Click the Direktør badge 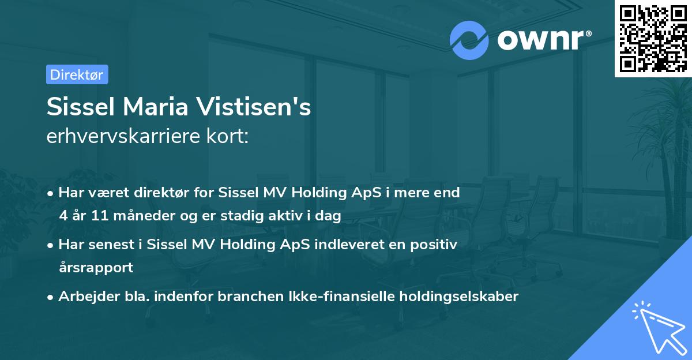(x=77, y=74)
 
